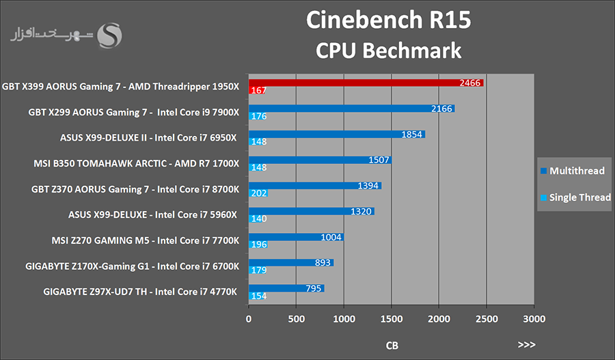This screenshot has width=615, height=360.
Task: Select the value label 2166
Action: tap(443, 109)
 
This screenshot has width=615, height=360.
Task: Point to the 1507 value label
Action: tap(379, 160)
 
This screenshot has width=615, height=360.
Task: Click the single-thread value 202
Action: tap(258, 193)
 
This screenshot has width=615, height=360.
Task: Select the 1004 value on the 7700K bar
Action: tap(331, 237)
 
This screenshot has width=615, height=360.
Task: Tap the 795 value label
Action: tap(314, 288)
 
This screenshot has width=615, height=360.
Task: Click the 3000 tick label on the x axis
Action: tap(534, 319)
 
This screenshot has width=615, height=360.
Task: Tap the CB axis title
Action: tap(392, 346)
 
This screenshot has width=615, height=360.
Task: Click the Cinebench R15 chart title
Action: tap(389, 20)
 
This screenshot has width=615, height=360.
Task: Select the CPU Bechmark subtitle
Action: tap(388, 50)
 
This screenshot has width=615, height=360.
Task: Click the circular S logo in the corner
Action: tap(110, 36)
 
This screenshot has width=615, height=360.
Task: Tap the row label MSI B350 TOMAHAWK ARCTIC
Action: tap(136, 163)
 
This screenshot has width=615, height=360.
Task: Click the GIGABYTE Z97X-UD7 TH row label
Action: tap(140, 292)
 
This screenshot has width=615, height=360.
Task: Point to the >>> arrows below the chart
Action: tap(527, 345)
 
